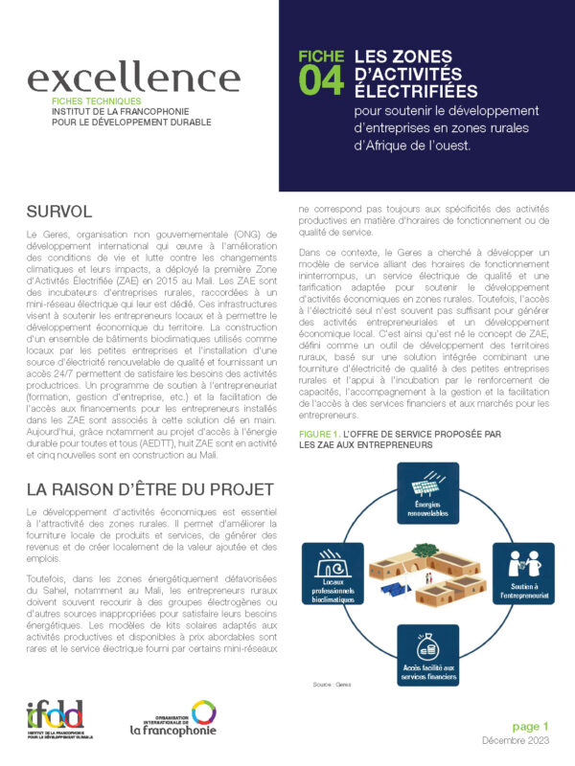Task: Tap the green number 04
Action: coord(321,82)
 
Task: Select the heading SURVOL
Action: coord(59,211)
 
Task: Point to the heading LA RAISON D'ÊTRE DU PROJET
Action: coord(149,489)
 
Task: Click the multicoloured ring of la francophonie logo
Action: coord(202,711)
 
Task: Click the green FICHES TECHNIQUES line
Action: coord(97,101)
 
